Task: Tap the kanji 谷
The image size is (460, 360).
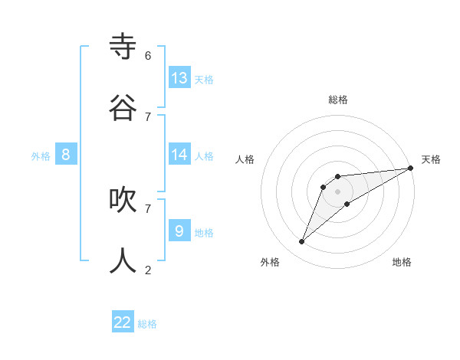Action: coord(123,108)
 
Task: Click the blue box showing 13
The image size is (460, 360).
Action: coord(179,77)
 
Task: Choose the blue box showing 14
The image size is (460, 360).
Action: coord(179,155)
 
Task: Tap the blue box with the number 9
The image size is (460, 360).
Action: coord(179,231)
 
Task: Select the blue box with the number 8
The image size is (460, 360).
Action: coord(66,155)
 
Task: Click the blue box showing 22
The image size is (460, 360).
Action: coord(123,322)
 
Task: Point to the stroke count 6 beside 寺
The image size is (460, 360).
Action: coord(148,56)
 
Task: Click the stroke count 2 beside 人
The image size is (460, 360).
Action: coord(148,269)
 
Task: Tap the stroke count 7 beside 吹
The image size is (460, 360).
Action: coord(148,208)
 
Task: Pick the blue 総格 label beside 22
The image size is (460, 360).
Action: coord(148,324)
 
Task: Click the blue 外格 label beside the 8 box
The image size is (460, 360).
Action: coord(41,156)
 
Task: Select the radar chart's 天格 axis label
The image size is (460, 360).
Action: coord(431,159)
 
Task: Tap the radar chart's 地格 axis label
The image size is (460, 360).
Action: coord(402,262)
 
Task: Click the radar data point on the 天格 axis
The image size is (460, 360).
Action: coord(410,168)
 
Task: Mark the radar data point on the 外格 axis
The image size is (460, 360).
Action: coord(302,242)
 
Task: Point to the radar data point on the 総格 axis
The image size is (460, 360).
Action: coord(337,177)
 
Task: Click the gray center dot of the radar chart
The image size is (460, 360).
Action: coord(337,191)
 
